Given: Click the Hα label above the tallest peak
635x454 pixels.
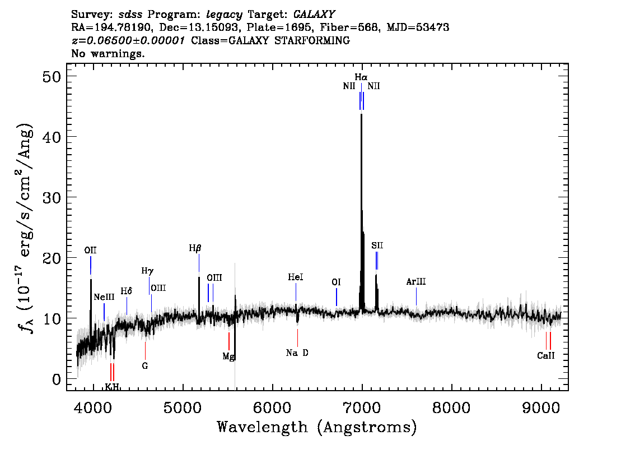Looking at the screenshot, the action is point(361,77).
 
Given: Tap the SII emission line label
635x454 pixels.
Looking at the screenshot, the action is point(377,245).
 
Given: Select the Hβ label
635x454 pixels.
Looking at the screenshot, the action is point(195,248).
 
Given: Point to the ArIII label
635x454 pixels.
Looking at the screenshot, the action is point(416,281).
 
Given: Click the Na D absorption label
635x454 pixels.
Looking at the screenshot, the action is point(297,353).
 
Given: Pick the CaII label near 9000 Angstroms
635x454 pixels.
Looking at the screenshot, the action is point(545,355).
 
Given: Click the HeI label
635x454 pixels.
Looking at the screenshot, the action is point(296,277).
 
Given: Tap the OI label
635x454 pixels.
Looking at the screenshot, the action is point(336,282).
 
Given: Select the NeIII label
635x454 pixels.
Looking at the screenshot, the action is point(104,297).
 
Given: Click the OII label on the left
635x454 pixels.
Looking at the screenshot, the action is point(90,250).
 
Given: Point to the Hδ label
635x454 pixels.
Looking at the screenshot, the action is point(127,291).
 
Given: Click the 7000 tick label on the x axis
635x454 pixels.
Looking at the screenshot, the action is point(361,407).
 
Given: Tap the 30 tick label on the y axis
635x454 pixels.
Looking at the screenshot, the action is point(52,197).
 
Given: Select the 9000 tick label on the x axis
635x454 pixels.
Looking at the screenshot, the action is point(540,407).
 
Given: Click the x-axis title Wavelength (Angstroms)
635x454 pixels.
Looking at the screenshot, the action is point(317,427).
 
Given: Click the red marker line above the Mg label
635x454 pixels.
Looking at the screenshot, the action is point(229,341).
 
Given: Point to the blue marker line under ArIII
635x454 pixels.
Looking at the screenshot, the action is point(416,297).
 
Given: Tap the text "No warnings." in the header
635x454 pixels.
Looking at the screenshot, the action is point(108,53).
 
